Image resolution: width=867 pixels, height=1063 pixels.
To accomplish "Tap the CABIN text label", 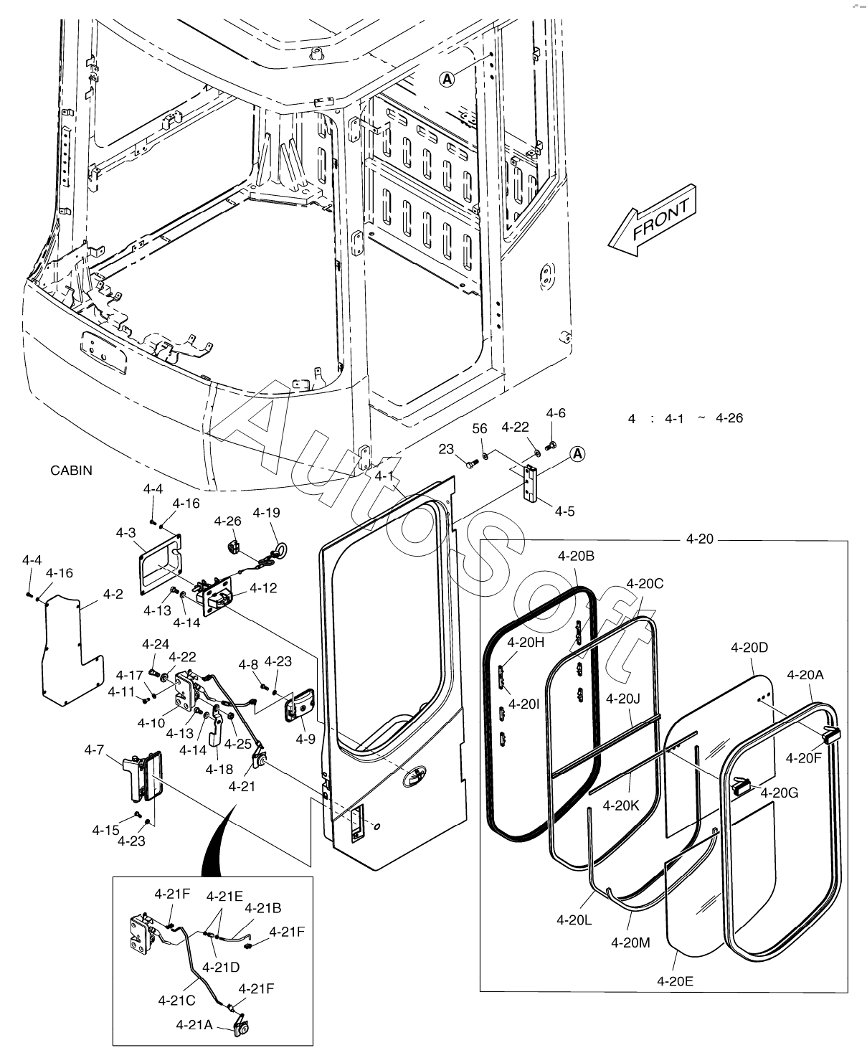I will click(x=71, y=471).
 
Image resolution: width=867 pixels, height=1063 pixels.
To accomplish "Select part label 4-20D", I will click(x=749, y=648).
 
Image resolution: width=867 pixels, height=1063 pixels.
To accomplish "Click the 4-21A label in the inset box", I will click(x=194, y=1025).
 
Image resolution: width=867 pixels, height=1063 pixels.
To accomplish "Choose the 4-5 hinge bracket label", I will click(x=564, y=511).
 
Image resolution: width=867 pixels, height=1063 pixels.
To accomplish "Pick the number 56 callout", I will click(x=480, y=428).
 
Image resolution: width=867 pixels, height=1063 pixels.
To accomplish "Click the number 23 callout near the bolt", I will click(x=446, y=449).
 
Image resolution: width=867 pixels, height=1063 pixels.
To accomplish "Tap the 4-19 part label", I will click(x=266, y=513).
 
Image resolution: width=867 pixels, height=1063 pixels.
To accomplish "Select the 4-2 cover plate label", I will click(x=113, y=594).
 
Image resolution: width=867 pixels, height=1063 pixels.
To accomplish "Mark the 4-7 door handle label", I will click(x=94, y=750).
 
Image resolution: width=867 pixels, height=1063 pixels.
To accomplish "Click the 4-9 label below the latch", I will click(x=305, y=739).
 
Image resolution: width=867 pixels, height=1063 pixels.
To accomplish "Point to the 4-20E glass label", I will click(x=675, y=981).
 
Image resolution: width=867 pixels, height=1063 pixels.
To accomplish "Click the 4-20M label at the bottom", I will click(x=630, y=942).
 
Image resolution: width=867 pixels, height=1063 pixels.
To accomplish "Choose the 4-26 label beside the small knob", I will click(x=228, y=521).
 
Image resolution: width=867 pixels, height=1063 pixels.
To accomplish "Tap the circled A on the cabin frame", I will click(x=447, y=80).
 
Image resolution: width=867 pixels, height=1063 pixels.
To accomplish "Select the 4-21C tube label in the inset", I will click(x=177, y=999).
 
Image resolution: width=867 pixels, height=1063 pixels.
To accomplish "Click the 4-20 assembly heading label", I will click(x=700, y=539).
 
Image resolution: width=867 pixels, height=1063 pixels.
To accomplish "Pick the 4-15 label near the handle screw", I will click(x=105, y=830).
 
